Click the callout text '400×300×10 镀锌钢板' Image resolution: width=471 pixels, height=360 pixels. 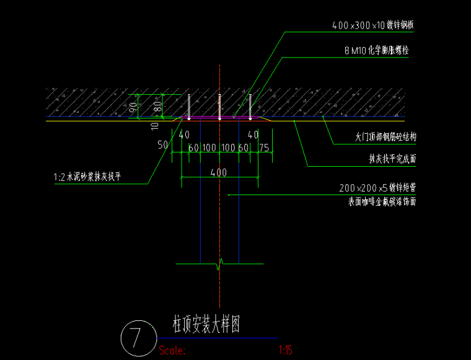click(372, 26)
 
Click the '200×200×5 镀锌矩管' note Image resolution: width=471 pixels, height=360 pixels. click(377, 187)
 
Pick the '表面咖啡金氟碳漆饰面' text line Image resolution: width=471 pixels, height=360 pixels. click(377, 201)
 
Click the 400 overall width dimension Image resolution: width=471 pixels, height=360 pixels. click(218, 173)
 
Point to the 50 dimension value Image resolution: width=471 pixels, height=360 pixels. click(163, 145)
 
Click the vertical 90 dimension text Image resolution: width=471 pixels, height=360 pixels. click(133, 106)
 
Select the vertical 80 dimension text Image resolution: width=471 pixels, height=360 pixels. click(157, 105)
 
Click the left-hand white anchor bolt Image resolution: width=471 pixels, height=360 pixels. click(188, 106)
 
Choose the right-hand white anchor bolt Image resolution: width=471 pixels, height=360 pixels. click(250, 106)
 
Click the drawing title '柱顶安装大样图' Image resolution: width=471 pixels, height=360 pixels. click(206, 323)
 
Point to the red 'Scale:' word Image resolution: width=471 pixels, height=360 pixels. click(172, 350)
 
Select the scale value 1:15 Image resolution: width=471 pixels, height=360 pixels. click(286, 350)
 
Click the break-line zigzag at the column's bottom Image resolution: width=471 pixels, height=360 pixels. click(219, 265)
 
